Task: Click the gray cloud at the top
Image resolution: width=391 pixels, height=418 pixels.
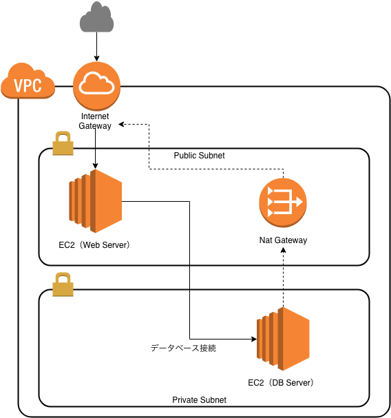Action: point(96,19)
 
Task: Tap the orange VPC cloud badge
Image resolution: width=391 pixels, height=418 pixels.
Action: point(28,84)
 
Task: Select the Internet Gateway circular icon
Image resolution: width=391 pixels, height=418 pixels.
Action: point(96,85)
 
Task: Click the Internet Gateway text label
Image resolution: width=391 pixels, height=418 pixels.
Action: point(95,121)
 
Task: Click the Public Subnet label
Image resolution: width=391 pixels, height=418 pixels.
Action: point(199,156)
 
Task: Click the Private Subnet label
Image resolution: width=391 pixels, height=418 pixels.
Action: point(199,399)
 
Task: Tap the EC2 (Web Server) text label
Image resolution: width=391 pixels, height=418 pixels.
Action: point(94,244)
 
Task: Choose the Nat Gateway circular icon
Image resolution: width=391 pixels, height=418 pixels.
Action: point(282,202)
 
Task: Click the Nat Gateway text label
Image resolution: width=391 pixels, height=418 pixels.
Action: point(282,240)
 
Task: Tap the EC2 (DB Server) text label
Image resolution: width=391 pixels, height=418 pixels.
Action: point(282,382)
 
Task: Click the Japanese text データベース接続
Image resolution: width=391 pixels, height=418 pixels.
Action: point(184,348)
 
